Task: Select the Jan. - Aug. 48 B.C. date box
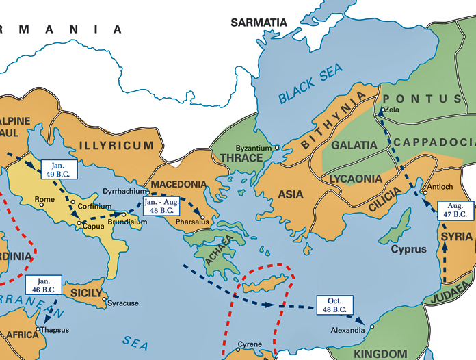coord(162,207)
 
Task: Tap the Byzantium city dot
coord(277,147)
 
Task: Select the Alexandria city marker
coord(372,327)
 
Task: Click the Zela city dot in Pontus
coord(381,110)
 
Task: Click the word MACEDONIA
coord(178,185)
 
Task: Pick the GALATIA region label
coord(354,145)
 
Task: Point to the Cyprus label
coord(408,249)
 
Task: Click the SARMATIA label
coord(259,23)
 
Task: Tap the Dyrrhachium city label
coord(124,192)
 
